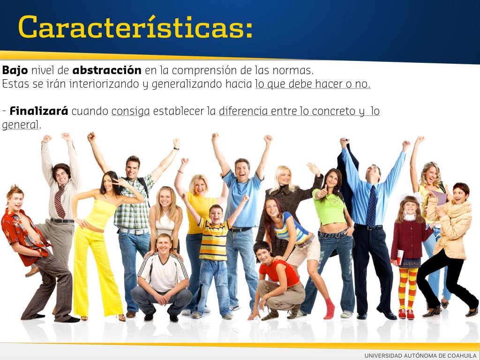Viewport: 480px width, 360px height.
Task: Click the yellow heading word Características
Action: pos(135,26)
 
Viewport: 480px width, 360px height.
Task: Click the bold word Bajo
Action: pos(15,70)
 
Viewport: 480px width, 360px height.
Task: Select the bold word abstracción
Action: pos(107,70)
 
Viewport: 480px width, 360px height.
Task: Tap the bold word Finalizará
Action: pos(39,111)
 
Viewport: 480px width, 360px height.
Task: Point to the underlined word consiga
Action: pos(131,112)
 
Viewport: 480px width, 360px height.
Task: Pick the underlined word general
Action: pos(20,125)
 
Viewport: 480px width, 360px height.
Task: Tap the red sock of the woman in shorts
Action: pos(329,308)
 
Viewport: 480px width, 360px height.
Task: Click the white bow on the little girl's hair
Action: pos(410,197)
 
